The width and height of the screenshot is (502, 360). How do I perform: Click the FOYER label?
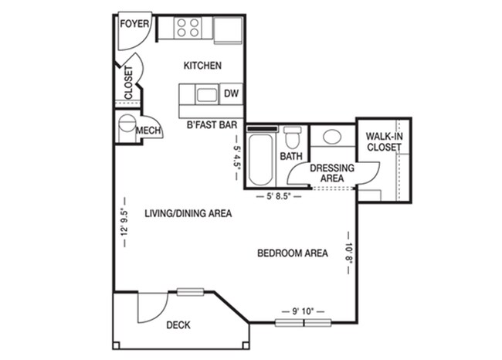coord(134,22)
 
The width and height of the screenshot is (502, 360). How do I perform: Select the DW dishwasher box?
coord(230,95)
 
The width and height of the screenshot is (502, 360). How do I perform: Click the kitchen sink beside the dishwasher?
coord(206,95)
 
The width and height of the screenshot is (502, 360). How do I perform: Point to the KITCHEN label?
coord(202,66)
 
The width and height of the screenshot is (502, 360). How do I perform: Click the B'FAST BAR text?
coord(211,123)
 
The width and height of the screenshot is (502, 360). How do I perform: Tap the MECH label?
coord(148,131)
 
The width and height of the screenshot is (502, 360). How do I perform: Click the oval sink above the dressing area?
coord(332,138)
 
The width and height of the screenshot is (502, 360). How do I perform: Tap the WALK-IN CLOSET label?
coord(384,141)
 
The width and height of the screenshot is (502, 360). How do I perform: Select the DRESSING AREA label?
coord(332,173)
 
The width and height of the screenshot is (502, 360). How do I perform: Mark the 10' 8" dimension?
coord(349,253)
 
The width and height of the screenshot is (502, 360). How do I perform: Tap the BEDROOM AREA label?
coord(292,253)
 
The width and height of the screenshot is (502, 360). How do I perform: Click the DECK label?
coord(178,325)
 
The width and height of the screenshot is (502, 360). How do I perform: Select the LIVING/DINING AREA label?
coord(188,213)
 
